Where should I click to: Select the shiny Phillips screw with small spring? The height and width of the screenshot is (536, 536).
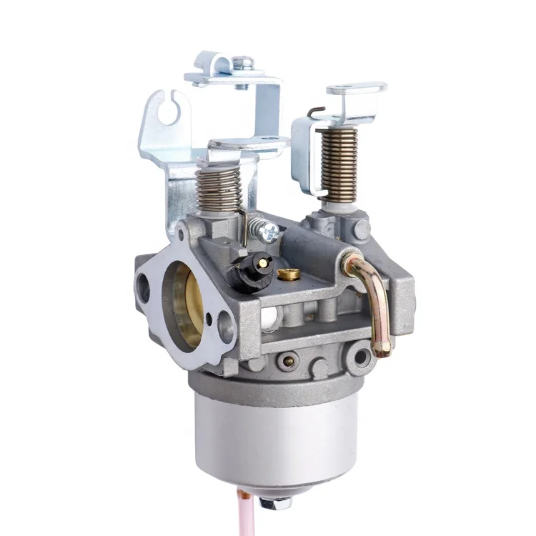269,229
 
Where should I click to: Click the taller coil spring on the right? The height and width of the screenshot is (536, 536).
338,164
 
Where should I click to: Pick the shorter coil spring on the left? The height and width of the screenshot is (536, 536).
219,187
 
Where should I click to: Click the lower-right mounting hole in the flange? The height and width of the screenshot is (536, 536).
227,328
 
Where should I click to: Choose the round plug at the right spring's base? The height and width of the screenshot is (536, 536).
362,229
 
